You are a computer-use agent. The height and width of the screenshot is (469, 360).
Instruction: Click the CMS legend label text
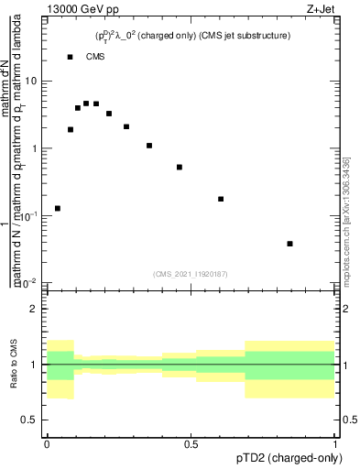click(96, 57)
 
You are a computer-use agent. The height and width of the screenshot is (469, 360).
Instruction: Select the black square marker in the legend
click(71, 57)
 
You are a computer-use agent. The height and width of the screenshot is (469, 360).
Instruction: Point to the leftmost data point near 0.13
click(58, 208)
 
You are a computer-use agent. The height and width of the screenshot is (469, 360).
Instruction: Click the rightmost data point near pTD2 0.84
click(290, 244)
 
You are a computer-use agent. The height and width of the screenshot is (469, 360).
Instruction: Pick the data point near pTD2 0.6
click(221, 199)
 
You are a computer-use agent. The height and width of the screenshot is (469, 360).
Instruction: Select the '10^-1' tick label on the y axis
click(29, 216)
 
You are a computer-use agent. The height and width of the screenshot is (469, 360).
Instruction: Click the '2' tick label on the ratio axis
click(35, 309)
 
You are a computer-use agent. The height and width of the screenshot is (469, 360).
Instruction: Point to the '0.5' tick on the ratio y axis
click(29, 420)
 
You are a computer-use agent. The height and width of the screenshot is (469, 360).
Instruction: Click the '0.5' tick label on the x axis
click(191, 443)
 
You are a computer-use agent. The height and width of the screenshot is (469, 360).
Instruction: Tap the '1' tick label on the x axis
click(336, 443)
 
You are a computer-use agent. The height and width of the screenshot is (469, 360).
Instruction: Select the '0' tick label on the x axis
click(46, 443)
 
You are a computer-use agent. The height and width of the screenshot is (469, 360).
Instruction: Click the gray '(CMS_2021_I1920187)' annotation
click(191, 273)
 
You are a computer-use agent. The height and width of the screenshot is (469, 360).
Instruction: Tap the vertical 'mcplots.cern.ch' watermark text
click(351, 220)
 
